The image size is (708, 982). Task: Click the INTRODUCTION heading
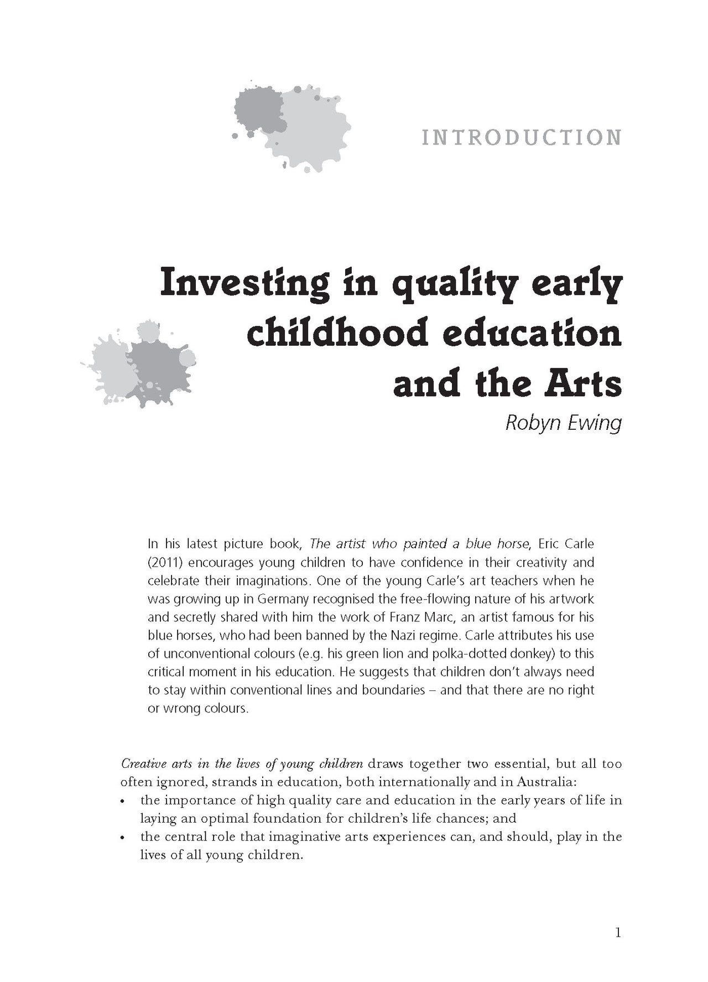[x=521, y=138]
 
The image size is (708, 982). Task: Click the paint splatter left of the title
[x=139, y=363]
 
